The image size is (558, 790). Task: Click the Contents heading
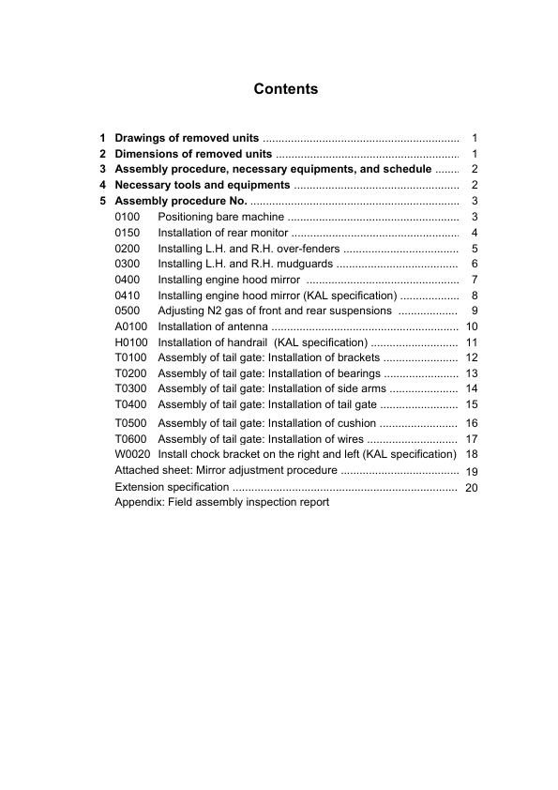(286, 90)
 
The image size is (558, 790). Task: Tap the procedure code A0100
(131, 326)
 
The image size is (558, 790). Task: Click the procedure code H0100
(131, 342)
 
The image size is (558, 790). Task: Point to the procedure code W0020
(132, 453)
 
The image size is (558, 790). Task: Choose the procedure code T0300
(131, 388)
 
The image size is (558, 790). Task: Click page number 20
(472, 488)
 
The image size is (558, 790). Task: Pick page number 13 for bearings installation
(472, 373)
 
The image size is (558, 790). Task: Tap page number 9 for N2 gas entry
(475, 311)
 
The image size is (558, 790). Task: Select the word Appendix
(139, 502)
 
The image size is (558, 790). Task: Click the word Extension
(139, 487)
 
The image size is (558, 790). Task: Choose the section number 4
(103, 186)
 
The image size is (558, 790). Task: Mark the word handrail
(244, 342)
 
